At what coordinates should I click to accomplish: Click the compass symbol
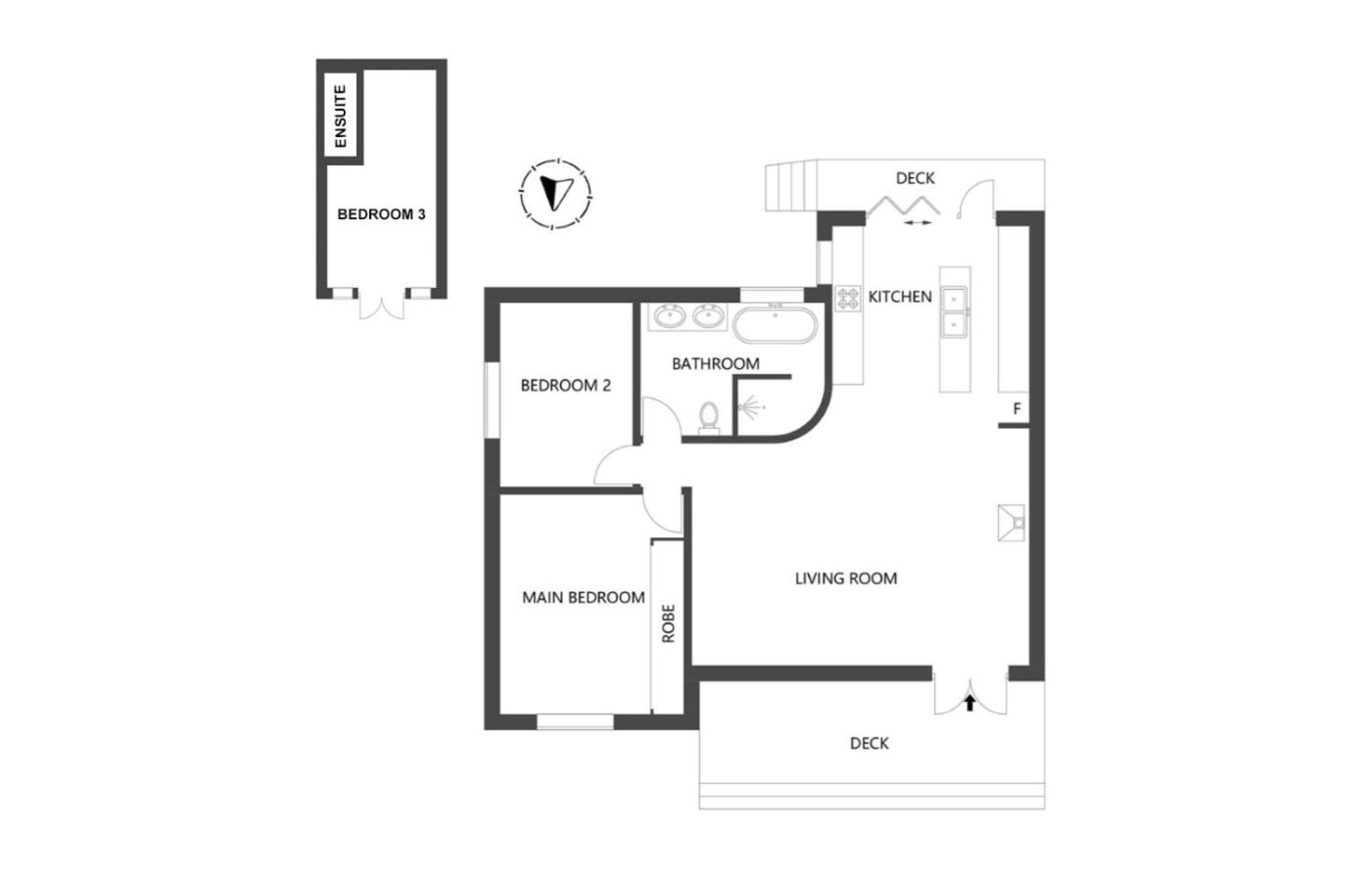(555, 195)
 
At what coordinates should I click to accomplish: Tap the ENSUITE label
(341, 116)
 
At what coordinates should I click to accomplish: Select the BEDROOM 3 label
(381, 214)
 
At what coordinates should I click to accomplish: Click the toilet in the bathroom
(709, 417)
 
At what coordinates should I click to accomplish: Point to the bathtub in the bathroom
(775, 324)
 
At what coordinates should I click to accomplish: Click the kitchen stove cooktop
(848, 299)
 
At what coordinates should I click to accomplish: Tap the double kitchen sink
(954, 312)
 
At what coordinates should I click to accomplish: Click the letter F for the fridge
(1017, 409)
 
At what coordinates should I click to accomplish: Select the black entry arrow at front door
(969, 703)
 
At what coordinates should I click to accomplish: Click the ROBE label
(668, 624)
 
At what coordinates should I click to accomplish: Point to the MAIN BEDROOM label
(584, 598)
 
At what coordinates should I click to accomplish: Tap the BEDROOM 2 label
(566, 386)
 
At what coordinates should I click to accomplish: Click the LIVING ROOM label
(846, 579)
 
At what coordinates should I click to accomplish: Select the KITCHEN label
(900, 297)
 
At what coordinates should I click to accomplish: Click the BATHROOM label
(716, 364)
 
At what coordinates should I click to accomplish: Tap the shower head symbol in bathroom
(750, 407)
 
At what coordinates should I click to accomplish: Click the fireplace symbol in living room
(1011, 523)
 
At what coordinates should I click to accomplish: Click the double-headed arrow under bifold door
(917, 223)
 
